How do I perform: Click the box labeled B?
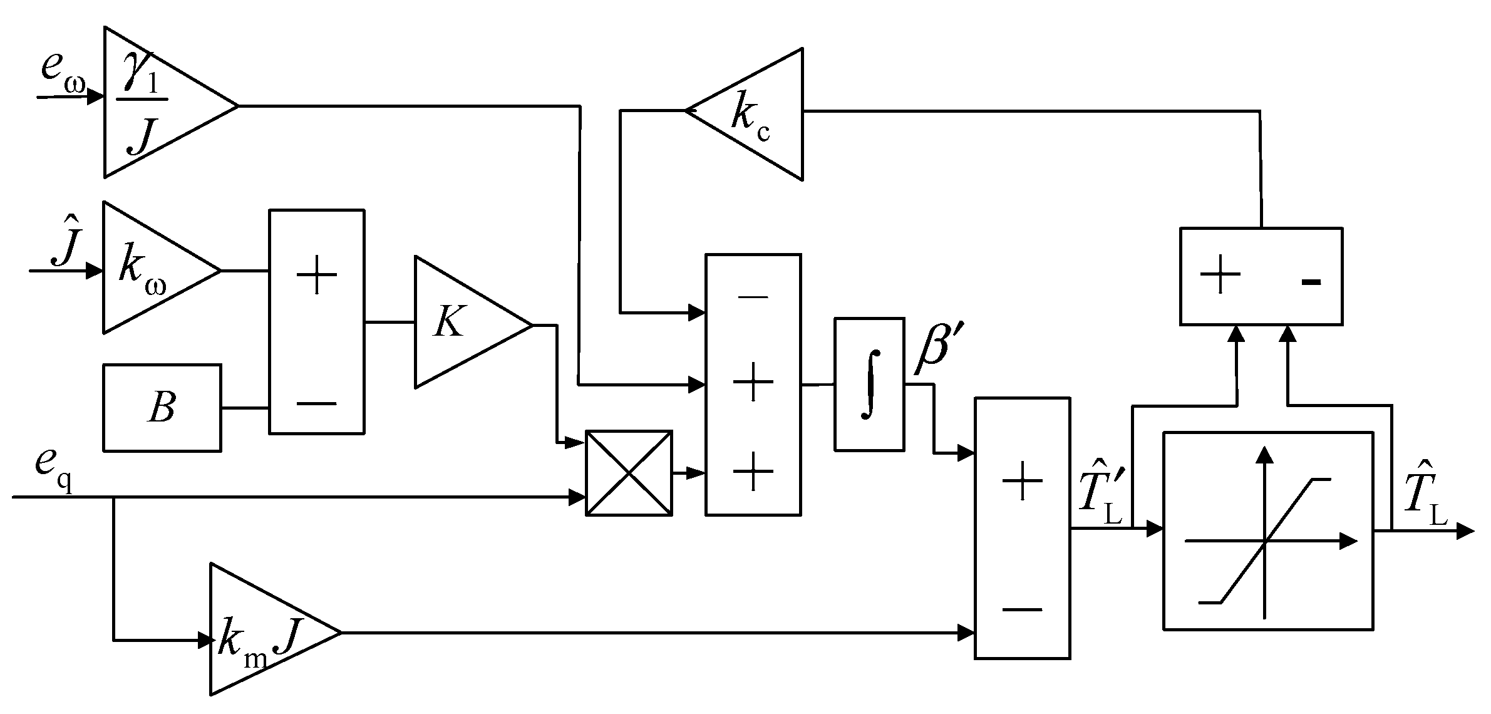pos(162,408)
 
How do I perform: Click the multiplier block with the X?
pos(628,473)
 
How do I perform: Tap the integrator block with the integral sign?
pos(869,384)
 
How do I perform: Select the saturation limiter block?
pos(1267,530)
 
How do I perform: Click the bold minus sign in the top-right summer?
pos(1310,282)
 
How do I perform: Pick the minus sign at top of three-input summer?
pos(753,297)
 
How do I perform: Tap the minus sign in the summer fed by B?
pos(316,403)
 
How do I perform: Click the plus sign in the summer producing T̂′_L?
pos(1022,481)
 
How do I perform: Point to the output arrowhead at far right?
pos(1465,531)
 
